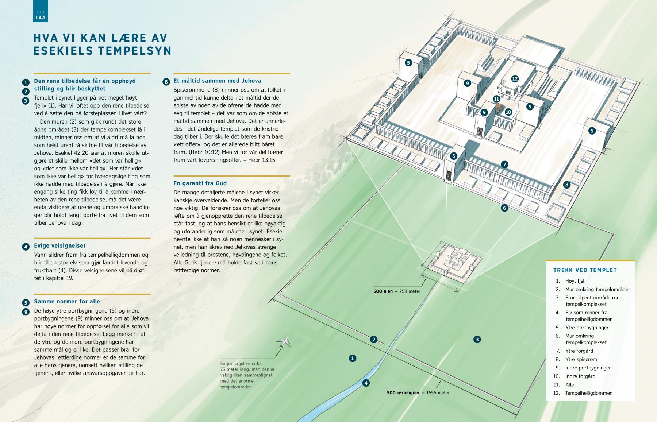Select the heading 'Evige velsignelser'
60,246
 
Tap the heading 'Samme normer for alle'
67,302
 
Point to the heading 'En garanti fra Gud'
200,183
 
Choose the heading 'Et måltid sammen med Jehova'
217,81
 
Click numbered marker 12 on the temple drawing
515,79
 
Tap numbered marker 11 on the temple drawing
496,99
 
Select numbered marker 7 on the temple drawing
504,164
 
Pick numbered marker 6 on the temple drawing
504,208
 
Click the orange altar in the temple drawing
499,108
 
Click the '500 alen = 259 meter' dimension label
397,291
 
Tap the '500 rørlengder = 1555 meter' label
418,393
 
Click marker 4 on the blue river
365,383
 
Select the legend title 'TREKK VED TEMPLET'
585,270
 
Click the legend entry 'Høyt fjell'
575,281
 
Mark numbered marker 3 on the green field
477,340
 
